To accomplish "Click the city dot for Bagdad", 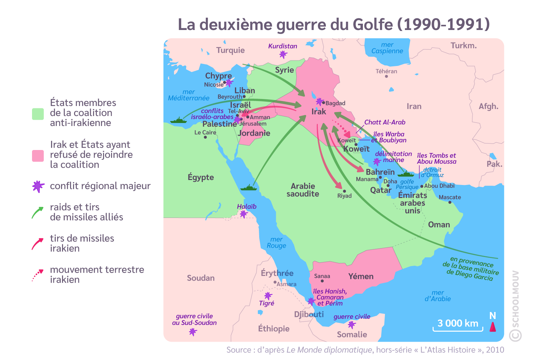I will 323,103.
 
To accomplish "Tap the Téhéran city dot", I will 386,76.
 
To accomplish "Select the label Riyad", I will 344,196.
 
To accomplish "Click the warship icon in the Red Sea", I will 248,188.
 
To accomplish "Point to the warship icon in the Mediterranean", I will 178,120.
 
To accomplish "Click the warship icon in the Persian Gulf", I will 406,174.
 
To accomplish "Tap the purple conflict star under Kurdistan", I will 283,54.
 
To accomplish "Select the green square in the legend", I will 38,114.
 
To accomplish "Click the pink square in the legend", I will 38,156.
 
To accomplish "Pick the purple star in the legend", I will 38,186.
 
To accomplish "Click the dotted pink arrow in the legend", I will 38,275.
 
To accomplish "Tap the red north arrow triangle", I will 493,327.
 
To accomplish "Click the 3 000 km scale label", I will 458,323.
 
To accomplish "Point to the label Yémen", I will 361,276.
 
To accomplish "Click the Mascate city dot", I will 450,202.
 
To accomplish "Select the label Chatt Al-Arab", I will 385,122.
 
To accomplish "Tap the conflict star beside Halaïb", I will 244,214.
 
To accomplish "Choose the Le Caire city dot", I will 205,137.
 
